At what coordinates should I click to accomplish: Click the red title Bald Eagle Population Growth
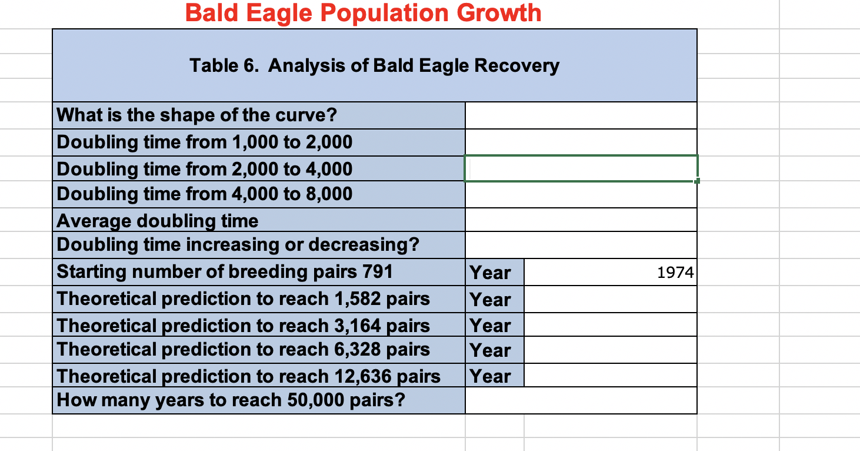click(x=363, y=13)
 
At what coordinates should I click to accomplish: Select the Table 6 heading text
click(x=374, y=65)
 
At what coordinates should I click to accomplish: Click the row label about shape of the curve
click(x=196, y=115)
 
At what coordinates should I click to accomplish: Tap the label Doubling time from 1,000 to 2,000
click(x=204, y=142)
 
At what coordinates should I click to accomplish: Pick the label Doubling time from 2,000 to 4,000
click(x=204, y=169)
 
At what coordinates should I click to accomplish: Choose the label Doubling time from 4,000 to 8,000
click(x=204, y=194)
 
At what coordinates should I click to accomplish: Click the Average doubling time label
click(x=157, y=221)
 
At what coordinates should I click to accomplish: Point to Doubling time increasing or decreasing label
click(x=238, y=244)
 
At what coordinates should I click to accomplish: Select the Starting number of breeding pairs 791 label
click(x=225, y=271)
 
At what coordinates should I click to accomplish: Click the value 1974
click(x=675, y=273)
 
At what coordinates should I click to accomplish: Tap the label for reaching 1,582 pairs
click(x=243, y=299)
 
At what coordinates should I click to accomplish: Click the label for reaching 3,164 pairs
click(x=243, y=325)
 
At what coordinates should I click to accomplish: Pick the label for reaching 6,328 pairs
click(x=243, y=349)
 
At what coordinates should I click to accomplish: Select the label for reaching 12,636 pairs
click(x=248, y=376)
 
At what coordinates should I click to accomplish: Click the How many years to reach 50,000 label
click(x=231, y=400)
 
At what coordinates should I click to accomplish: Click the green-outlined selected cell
click(x=581, y=168)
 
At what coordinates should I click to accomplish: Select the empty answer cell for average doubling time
click(x=581, y=220)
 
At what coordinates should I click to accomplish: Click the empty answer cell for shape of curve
click(x=581, y=115)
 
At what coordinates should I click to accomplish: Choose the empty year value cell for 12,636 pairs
click(x=610, y=375)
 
